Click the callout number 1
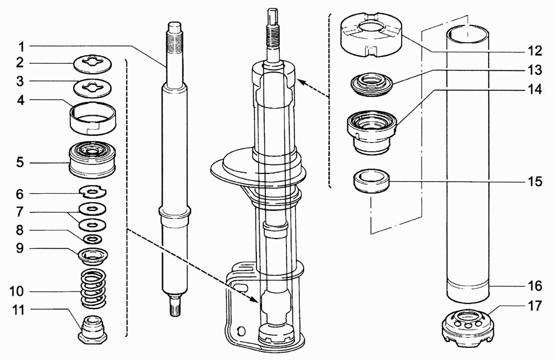coord(21,47)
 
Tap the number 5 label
coord(20,163)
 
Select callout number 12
coord(535,51)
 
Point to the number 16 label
coord(535,285)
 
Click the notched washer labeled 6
coord(93,192)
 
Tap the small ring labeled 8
coord(93,239)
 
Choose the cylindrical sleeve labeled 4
coord(93,118)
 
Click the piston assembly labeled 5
coord(93,160)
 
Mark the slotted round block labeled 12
coord(371,35)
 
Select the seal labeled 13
coord(372,85)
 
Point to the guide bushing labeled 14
coord(372,132)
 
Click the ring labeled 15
coord(372,182)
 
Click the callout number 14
coord(535,89)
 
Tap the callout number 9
coord(20,248)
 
